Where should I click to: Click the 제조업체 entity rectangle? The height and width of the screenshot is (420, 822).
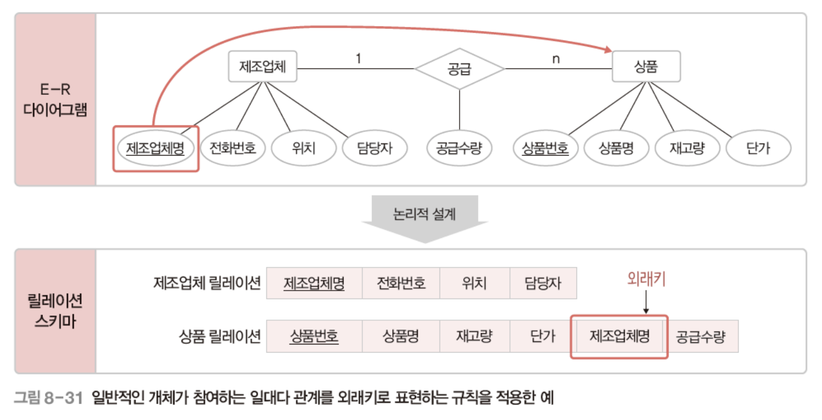click(262, 66)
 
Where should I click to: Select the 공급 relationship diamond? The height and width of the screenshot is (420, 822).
click(459, 69)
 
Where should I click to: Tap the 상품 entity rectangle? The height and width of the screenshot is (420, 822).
click(646, 66)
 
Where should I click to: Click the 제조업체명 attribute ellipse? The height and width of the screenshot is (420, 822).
click(155, 148)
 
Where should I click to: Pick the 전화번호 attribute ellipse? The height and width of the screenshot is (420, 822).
click(233, 148)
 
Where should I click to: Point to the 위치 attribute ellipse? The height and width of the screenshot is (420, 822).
click(303, 148)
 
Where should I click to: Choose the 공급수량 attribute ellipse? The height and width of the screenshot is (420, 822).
click(459, 148)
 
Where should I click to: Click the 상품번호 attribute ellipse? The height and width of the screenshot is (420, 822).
click(545, 148)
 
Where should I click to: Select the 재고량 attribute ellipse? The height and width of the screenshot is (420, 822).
click(687, 148)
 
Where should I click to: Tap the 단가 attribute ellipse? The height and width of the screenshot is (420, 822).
click(758, 148)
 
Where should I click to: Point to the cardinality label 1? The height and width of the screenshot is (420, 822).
click(358, 59)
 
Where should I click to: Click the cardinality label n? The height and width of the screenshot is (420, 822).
click(556, 59)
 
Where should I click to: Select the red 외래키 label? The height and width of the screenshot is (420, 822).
click(646, 279)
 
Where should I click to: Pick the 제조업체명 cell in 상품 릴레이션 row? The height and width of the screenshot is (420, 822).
click(619, 336)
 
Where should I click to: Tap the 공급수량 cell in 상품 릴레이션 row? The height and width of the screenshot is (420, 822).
click(701, 336)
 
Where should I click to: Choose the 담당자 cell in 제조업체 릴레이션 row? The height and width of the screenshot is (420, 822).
click(543, 283)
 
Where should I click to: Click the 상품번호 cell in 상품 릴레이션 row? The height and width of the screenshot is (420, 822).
click(314, 336)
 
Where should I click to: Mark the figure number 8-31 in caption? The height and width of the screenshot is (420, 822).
click(63, 398)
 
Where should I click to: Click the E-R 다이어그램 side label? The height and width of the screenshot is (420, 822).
click(55, 100)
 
